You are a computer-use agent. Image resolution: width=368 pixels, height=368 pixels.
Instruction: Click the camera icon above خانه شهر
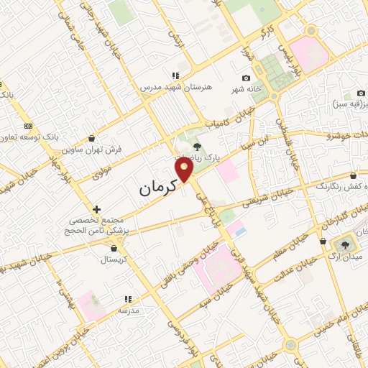247,78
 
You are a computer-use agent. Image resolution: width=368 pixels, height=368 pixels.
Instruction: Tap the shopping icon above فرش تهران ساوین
91,139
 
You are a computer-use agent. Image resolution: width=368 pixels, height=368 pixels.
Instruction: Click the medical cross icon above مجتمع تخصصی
97,209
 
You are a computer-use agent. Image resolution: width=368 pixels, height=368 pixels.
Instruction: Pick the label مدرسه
128,310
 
